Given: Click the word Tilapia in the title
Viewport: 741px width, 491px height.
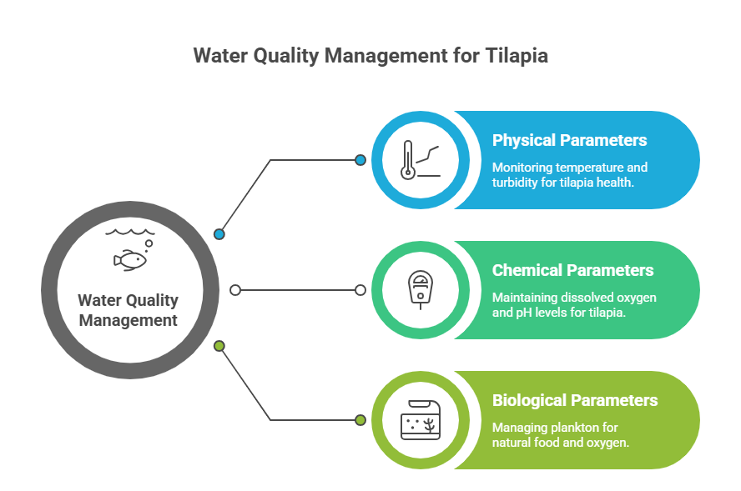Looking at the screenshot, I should (515, 56).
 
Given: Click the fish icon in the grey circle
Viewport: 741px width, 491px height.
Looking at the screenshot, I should (131, 259).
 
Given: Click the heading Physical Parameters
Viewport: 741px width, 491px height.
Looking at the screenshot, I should (569, 140).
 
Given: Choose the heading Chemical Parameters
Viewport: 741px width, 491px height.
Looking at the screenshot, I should (572, 270).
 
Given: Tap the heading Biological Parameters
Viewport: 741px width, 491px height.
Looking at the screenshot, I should (575, 400).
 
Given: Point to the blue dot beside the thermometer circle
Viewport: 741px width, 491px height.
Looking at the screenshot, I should (360, 160).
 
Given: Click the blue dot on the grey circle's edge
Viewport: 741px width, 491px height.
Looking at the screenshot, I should (219, 234).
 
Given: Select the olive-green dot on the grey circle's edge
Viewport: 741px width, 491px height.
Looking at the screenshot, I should (219, 345).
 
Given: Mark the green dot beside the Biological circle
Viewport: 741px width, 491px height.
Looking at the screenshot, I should (360, 420).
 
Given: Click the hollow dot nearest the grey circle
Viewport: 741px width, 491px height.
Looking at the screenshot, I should (235, 290).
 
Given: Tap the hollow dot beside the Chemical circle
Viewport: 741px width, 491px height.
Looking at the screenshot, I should (360, 290).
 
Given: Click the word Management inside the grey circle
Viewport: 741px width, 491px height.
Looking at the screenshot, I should (128, 320).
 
